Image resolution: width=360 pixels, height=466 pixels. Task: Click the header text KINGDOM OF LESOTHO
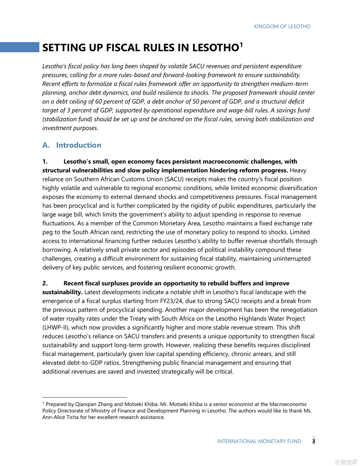click(282, 26)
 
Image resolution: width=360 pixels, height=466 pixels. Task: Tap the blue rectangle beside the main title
click(20, 47)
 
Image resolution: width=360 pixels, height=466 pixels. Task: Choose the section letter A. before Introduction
click(46, 145)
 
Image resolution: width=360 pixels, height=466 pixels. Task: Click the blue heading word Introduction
click(79, 145)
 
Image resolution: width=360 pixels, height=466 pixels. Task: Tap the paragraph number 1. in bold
click(45, 162)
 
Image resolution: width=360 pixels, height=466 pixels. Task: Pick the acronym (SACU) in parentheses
click(174, 179)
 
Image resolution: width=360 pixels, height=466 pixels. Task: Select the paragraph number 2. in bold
click(45, 283)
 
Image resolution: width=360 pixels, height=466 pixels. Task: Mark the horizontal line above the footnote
click(84, 397)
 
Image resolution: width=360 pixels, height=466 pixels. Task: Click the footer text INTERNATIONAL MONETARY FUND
click(259, 441)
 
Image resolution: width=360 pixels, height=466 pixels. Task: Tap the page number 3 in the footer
click(314, 441)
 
